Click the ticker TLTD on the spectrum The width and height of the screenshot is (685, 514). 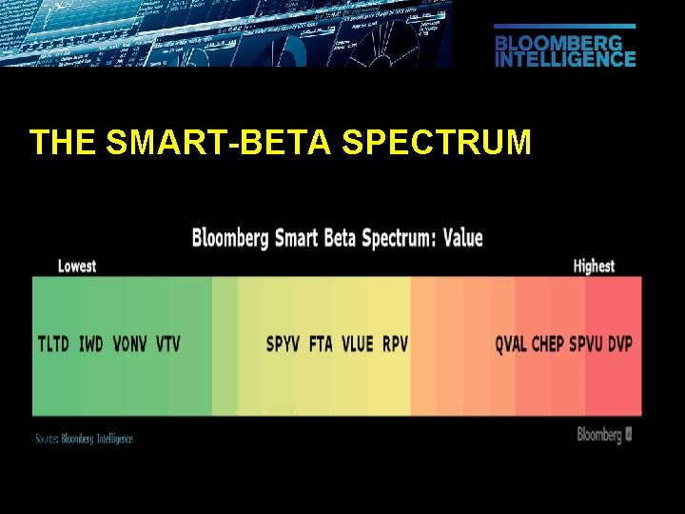(53, 344)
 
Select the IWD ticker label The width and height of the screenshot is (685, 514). (91, 344)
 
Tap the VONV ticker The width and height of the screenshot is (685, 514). (129, 344)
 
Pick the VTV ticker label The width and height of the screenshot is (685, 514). (167, 344)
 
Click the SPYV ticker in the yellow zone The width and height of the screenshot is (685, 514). (284, 344)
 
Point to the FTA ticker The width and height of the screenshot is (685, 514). (322, 344)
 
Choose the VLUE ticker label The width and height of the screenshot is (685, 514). (358, 344)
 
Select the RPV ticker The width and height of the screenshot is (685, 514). (395, 344)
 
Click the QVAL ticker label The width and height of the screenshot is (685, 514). (511, 344)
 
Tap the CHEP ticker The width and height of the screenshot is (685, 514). (548, 344)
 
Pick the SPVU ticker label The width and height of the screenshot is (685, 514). (586, 344)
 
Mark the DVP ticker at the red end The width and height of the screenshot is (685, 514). (620, 344)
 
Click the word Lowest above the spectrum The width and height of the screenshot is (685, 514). (77, 267)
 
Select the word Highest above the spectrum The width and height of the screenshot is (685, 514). (594, 267)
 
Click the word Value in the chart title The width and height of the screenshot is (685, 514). (463, 238)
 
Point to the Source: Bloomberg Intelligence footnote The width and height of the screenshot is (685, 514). (84, 439)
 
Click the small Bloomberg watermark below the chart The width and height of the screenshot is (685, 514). (604, 435)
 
